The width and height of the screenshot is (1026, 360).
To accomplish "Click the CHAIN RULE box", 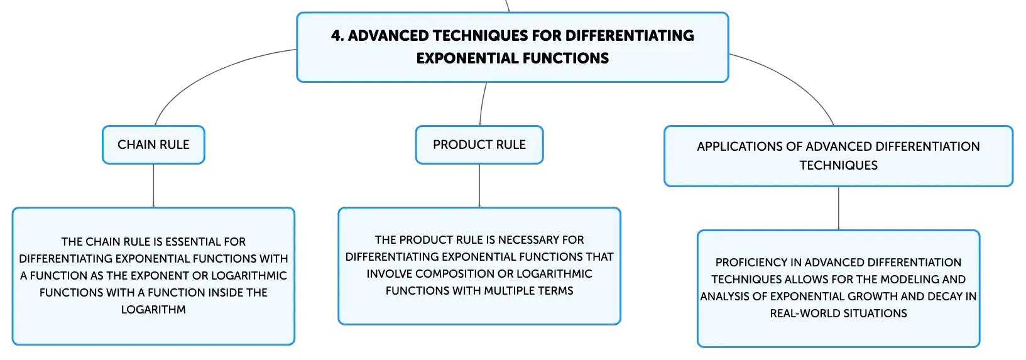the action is (153, 145).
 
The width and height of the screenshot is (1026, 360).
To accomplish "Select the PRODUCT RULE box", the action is (479, 145).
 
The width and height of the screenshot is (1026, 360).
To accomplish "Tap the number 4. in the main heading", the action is (337, 36).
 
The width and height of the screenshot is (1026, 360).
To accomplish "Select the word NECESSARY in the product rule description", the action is (527, 239).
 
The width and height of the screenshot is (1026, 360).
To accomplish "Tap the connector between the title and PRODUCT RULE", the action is (482, 104).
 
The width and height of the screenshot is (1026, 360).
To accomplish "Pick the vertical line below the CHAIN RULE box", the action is (153, 185).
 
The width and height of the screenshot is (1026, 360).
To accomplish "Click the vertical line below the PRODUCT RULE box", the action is (479, 185).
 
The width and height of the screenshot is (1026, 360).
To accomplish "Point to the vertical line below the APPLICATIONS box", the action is (839, 209).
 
